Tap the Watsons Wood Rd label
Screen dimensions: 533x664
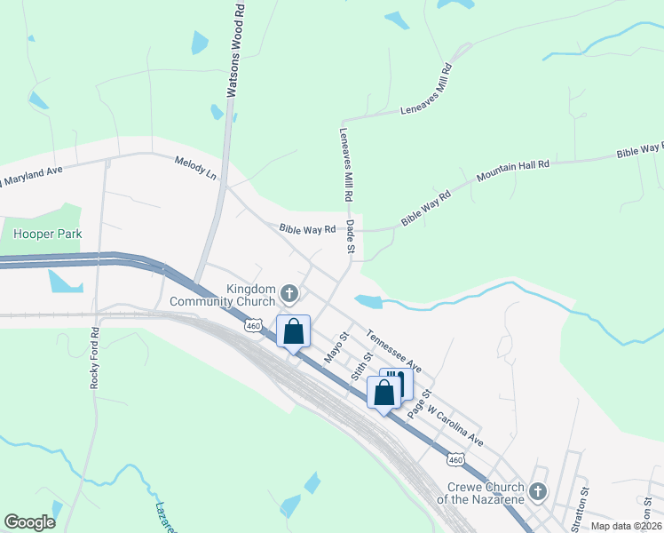[x=234, y=49]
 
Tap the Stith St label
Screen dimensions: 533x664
[x=359, y=365]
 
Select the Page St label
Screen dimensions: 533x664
[x=419, y=404]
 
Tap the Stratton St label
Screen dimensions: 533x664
[x=584, y=501]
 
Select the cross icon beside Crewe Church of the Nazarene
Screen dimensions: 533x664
[x=538, y=491]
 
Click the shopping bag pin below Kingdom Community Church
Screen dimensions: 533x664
[x=294, y=332]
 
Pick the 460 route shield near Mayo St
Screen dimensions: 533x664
[x=252, y=328]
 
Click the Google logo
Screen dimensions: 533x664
[x=29, y=522]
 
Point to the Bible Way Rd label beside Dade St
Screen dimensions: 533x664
[x=307, y=229]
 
